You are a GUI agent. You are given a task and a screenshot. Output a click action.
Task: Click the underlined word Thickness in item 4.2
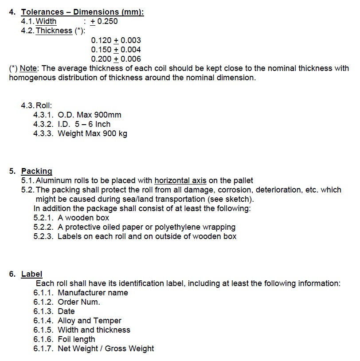[x=54, y=31]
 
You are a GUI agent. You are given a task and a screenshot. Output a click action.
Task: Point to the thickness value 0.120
[x=102, y=40]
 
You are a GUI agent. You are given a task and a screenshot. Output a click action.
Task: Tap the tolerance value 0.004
[x=131, y=50]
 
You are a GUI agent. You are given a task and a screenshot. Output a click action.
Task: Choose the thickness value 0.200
[x=102, y=59]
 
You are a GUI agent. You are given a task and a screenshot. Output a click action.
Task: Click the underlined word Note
[x=29, y=68]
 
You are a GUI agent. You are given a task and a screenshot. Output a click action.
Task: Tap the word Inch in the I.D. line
[x=102, y=124]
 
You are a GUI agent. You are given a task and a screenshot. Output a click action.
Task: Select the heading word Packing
[x=37, y=171]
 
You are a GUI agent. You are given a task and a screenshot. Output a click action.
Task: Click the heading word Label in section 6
[x=32, y=274]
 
